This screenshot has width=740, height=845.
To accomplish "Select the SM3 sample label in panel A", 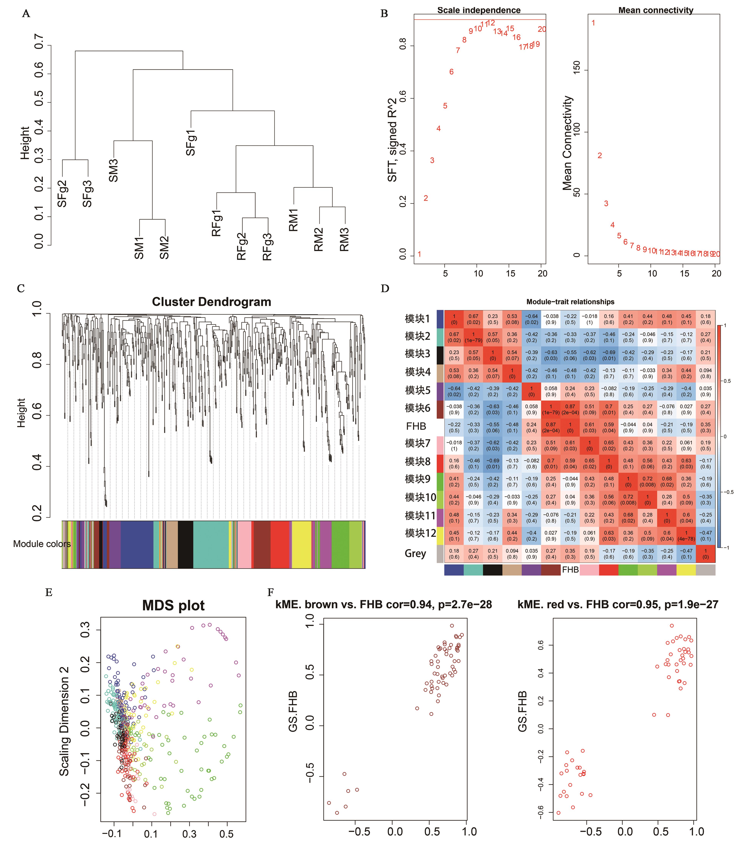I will tap(114, 170).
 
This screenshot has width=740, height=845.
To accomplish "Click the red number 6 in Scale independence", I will tap(451, 72).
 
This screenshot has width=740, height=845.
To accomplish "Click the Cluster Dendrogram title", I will tap(211, 302).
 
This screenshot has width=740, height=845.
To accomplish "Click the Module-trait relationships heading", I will tap(570, 302).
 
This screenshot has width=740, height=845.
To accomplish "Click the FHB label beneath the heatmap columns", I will tap(570, 570).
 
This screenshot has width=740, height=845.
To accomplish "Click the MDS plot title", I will tap(173, 605).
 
